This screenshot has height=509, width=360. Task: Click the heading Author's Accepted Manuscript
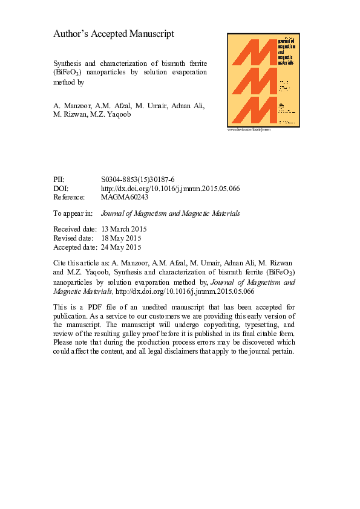pyautogui.click(x=114, y=34)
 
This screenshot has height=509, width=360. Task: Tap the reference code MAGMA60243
pyautogui.click(x=125, y=197)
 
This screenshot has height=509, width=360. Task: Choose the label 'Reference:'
pyautogui.click(x=70, y=197)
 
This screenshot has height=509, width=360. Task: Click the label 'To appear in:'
pyautogui.click(x=73, y=213)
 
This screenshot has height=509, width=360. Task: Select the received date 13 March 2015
pyautogui.click(x=124, y=230)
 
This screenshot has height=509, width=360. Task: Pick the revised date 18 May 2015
pyautogui.click(x=122, y=238)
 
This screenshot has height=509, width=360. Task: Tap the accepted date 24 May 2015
pyautogui.click(x=122, y=247)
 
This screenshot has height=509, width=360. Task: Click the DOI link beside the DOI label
pyautogui.click(x=170, y=189)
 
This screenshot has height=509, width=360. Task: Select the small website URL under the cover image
pyautogui.click(x=249, y=129)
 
